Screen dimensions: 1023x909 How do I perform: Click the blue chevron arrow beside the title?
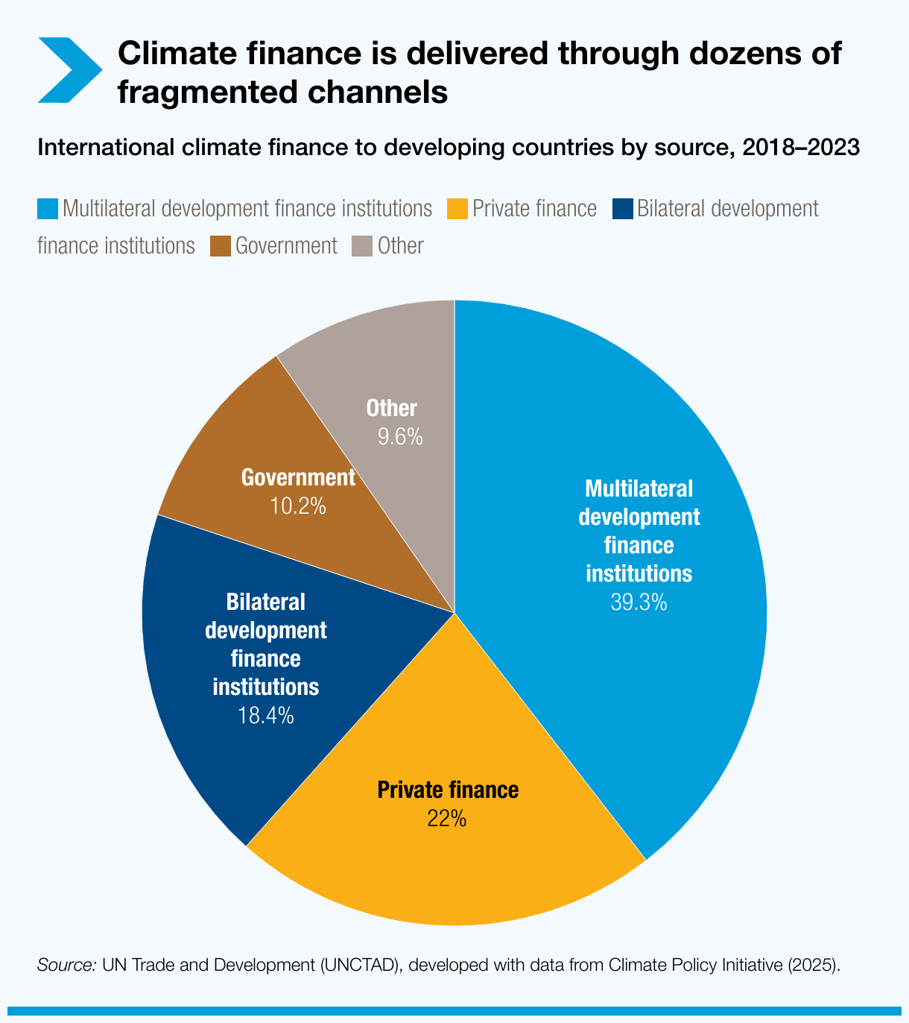(69, 70)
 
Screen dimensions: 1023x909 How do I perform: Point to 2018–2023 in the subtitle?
(801, 148)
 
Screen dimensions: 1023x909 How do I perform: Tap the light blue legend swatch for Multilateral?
(47, 209)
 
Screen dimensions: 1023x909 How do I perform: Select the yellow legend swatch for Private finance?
(457, 209)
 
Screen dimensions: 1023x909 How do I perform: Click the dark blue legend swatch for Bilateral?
(622, 209)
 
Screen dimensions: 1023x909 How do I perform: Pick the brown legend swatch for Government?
(220, 246)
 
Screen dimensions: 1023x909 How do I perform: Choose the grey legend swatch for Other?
(362, 246)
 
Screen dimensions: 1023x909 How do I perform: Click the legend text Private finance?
(534, 209)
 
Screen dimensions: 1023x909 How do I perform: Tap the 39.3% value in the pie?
(639, 602)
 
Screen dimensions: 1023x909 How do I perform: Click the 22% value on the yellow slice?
(447, 819)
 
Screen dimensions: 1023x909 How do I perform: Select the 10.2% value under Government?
(297, 506)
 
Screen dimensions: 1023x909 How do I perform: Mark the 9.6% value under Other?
(400, 437)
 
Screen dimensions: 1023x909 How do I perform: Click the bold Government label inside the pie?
(298, 478)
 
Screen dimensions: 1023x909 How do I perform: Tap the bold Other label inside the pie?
(392, 409)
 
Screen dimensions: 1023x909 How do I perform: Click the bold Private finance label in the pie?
(448, 790)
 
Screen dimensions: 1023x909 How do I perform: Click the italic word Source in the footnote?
(66, 965)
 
